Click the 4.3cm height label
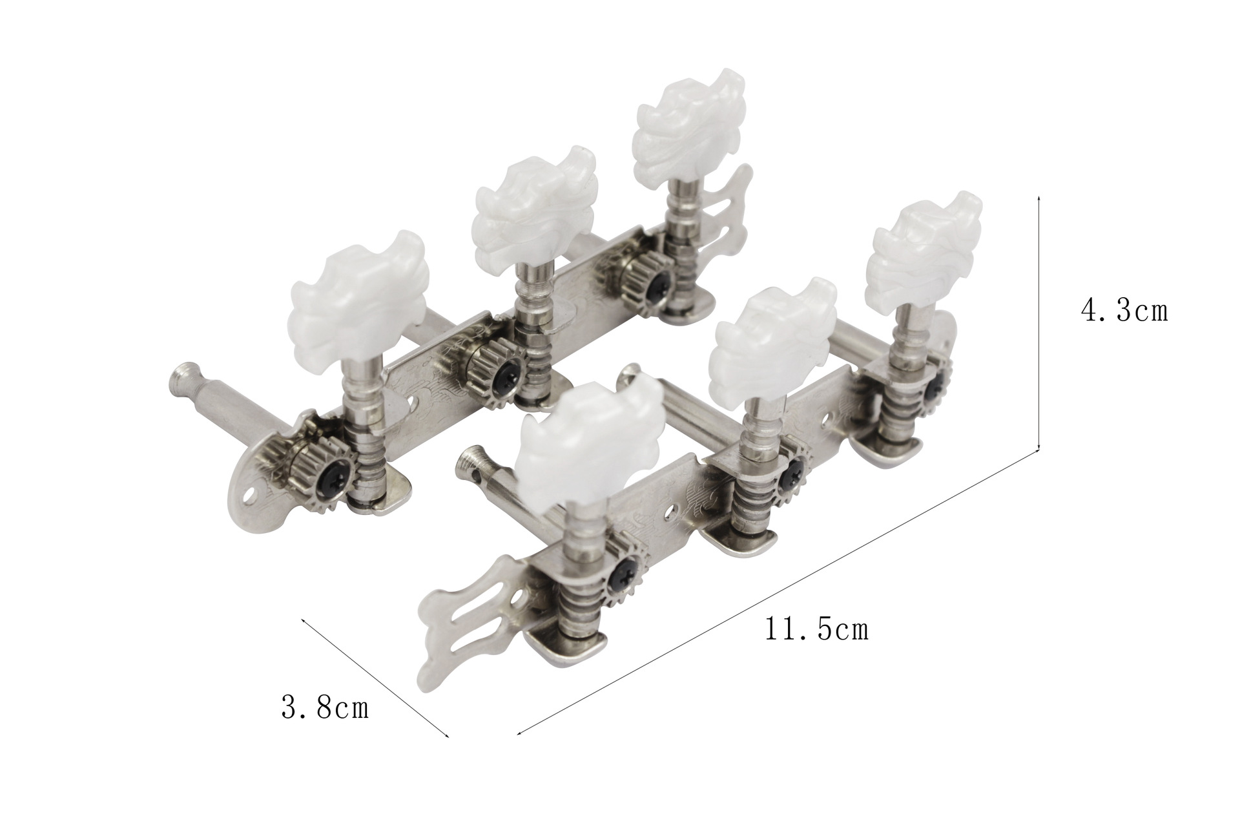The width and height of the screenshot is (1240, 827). point(1124,311)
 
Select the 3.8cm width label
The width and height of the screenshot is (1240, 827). point(325,707)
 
